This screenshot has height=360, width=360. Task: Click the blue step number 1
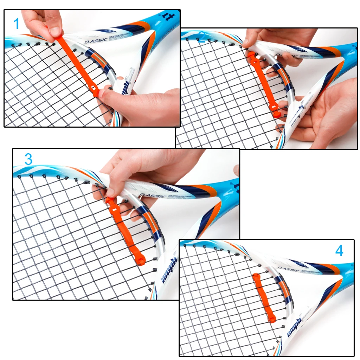coord(17,24)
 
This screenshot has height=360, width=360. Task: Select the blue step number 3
coord(28,159)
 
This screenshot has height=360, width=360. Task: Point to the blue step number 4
coord(339,251)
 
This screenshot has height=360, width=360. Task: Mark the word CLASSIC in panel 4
coord(288,269)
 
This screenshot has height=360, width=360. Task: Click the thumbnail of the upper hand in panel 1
coord(56,32)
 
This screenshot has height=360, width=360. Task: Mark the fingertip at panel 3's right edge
coord(237,171)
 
